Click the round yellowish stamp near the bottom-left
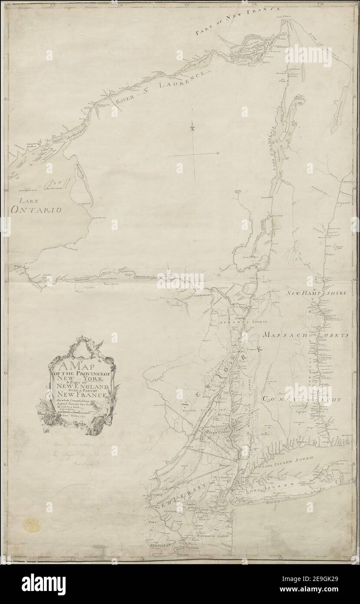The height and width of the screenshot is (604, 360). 32,525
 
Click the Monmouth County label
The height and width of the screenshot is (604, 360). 212,536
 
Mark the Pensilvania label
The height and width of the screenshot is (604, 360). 161,544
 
